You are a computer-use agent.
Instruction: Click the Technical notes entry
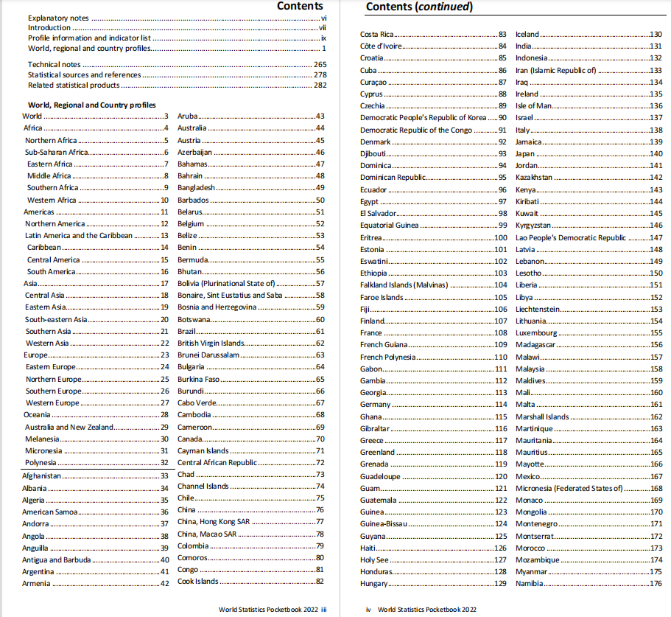[x=55, y=65]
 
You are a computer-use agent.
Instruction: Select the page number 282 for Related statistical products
[x=320, y=86]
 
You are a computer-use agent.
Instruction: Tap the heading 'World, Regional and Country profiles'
[x=91, y=105]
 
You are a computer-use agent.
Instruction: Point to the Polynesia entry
[x=41, y=463]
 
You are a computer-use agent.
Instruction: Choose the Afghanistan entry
[x=42, y=476]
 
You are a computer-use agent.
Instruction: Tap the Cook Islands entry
[x=198, y=582]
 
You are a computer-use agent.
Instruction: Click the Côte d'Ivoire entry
[x=382, y=46]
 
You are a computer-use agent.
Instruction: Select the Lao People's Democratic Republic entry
[x=571, y=238]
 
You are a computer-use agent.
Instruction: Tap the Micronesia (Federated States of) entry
[x=569, y=488]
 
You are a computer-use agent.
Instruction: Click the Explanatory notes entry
[x=60, y=18]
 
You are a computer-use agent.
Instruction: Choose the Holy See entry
[x=374, y=560]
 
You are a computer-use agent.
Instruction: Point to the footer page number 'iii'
[x=323, y=610]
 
